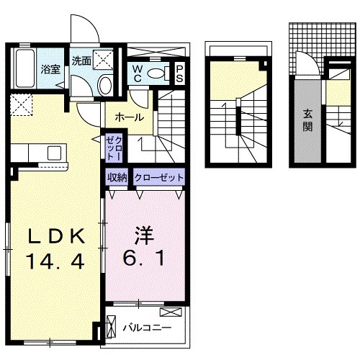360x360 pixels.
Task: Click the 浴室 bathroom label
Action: (50, 70)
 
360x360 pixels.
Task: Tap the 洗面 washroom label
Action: (81, 61)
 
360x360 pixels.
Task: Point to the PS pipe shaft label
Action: (179, 73)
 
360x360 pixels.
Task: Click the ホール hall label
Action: (128, 117)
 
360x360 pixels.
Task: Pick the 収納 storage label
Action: (117, 177)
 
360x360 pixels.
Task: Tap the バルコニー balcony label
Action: (146, 326)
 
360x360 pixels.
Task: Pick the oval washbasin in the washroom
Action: (105, 85)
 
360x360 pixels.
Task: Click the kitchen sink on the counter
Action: (53, 152)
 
